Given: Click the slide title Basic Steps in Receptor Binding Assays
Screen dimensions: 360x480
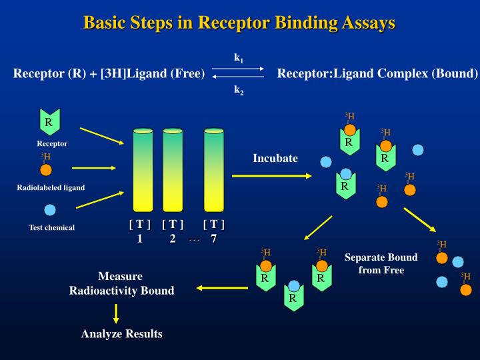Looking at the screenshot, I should click(x=239, y=23).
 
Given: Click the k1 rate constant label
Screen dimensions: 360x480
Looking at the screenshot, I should click(x=238, y=58).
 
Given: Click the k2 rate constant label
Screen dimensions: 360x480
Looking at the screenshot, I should click(x=238, y=89).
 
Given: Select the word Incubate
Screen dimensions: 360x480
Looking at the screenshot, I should click(x=275, y=159).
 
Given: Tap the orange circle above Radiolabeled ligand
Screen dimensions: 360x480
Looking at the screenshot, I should click(x=46, y=169).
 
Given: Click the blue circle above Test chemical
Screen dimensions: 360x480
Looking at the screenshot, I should click(x=50, y=211).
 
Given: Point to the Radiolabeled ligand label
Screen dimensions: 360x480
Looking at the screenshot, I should click(x=51, y=187).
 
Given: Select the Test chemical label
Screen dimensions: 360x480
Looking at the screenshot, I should click(x=51, y=228).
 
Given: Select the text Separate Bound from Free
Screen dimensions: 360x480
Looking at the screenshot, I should click(x=381, y=263).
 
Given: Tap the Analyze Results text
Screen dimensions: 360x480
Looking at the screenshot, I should click(x=121, y=333).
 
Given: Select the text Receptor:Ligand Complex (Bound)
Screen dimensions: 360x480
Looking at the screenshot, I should click(x=377, y=73).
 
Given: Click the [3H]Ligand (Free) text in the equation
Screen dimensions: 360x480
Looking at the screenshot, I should click(x=152, y=73).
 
